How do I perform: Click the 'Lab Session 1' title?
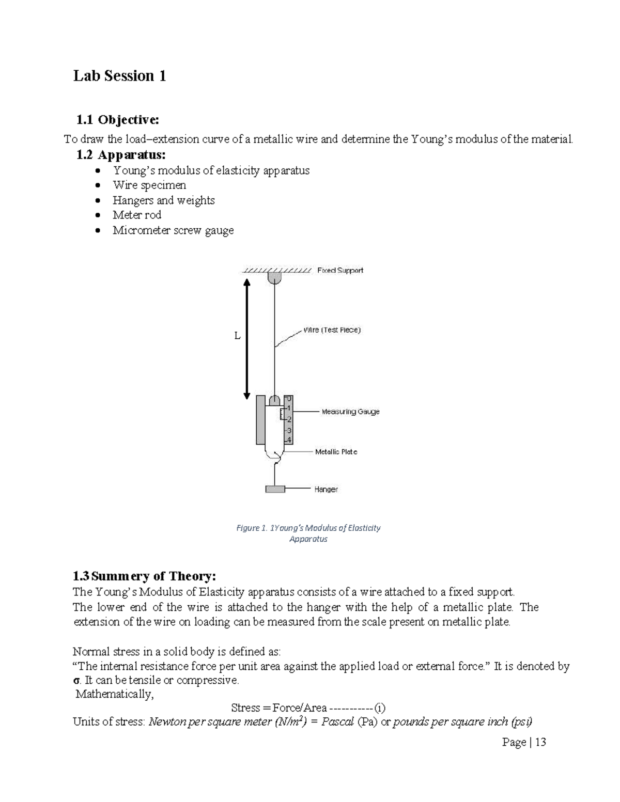pyautogui.click(x=119, y=76)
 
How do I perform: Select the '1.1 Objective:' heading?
pyautogui.click(x=117, y=120)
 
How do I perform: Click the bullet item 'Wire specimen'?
pyautogui.click(x=149, y=185)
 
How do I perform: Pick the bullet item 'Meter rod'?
pyautogui.click(x=137, y=215)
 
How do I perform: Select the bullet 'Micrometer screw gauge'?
pyautogui.click(x=173, y=230)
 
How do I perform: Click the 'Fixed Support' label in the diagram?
pyautogui.click(x=340, y=270)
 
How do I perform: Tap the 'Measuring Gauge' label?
pyautogui.click(x=350, y=412)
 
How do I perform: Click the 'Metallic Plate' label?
pyautogui.click(x=336, y=451)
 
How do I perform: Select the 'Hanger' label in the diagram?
pyautogui.click(x=326, y=489)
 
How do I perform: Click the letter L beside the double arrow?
pyautogui.click(x=237, y=336)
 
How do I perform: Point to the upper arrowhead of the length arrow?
pyautogui.click(x=247, y=282)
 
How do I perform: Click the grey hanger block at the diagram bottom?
pyautogui.click(x=275, y=489)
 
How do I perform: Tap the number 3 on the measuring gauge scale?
pyautogui.click(x=289, y=430)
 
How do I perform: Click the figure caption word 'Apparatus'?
pyautogui.click(x=308, y=539)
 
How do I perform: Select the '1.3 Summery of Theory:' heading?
pyautogui.click(x=144, y=576)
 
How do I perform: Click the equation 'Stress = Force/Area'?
pyautogui.click(x=279, y=707)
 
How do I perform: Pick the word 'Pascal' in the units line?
pyautogui.click(x=337, y=721)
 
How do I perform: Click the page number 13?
pyautogui.click(x=540, y=742)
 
